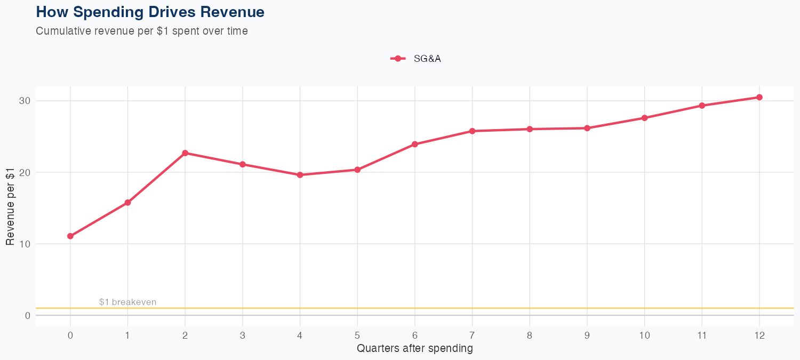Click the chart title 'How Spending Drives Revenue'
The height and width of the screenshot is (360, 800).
point(150,12)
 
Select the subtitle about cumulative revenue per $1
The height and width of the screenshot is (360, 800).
point(142,31)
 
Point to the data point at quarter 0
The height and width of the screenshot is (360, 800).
point(70,236)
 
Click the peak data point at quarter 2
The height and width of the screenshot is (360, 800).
point(185,153)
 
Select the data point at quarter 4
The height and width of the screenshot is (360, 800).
point(300,175)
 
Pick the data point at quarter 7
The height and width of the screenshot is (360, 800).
point(473,131)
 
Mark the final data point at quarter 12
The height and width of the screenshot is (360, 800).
point(759,97)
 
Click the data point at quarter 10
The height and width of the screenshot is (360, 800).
point(644,118)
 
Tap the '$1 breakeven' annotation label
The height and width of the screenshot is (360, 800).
point(128,302)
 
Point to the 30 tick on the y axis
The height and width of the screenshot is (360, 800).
point(25,101)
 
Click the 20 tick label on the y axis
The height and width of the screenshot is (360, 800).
point(25,172)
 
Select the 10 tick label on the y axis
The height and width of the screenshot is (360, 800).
point(25,244)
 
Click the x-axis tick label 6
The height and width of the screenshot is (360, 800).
point(415,335)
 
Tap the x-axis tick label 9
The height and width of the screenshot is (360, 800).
point(587,335)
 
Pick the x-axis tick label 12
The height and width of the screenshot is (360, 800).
point(759,335)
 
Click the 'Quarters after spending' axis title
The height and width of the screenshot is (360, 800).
point(415,349)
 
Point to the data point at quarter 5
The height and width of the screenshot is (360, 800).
point(357,170)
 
